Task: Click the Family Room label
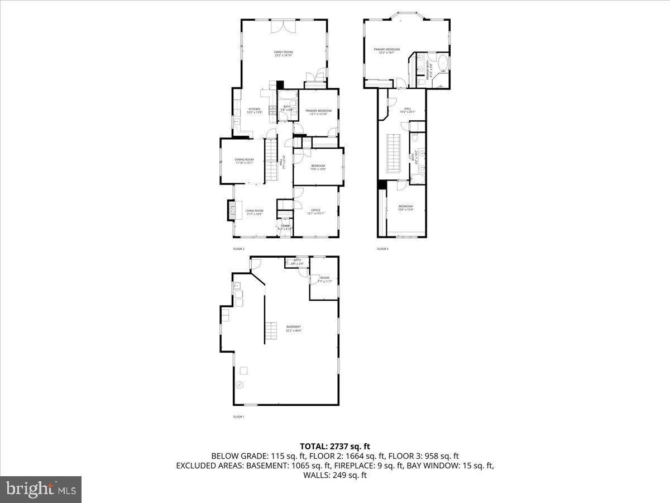click(284, 54)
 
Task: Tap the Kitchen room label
click(255, 111)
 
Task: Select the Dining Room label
click(244, 161)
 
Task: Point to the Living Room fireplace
click(229, 211)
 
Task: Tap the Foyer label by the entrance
click(285, 227)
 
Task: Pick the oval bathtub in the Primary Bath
click(442, 63)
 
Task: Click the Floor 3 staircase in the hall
click(394, 153)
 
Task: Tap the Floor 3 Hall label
click(408, 110)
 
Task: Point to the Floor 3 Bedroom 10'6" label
click(406, 208)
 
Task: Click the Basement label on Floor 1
click(294, 328)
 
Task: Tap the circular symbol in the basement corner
click(240, 385)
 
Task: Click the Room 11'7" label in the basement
click(324, 279)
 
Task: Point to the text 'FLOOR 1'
click(238, 416)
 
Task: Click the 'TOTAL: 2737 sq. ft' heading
click(335, 446)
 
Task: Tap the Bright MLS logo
click(41, 490)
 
